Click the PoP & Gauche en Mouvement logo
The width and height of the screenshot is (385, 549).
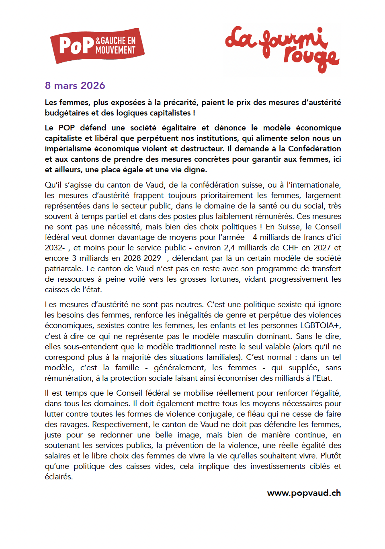(x=97, y=45)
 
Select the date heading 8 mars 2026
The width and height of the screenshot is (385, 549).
(x=75, y=86)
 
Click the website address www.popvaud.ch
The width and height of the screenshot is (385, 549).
(x=304, y=493)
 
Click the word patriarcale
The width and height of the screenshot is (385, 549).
(x=63, y=269)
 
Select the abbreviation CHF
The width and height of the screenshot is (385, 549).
(x=283, y=248)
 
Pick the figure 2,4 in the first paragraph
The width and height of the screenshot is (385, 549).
(x=229, y=248)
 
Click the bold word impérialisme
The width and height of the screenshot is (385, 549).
(x=68, y=149)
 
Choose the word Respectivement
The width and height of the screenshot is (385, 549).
(x=121, y=425)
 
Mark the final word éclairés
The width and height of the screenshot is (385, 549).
(x=59, y=477)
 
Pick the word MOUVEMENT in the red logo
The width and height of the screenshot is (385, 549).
(x=115, y=51)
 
